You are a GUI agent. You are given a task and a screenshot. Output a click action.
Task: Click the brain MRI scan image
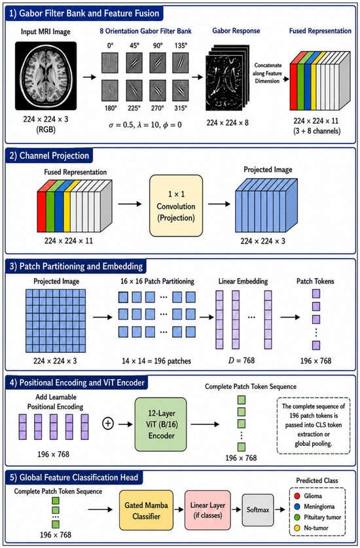tap(46, 76)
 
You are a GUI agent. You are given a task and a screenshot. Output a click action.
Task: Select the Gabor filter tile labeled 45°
tap(134, 63)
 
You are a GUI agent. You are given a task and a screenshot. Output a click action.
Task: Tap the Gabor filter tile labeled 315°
tap(181, 90)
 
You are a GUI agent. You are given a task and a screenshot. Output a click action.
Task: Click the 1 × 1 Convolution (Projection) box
tap(176, 206)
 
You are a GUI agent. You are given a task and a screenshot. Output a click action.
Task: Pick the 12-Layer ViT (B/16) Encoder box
tap(161, 424)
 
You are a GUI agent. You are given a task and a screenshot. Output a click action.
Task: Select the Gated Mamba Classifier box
tap(146, 510)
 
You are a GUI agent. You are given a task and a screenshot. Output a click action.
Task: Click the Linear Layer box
tap(207, 510)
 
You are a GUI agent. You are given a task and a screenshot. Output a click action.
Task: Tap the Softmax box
tap(258, 510)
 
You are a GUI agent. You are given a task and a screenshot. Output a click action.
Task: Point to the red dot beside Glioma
tap(297, 496)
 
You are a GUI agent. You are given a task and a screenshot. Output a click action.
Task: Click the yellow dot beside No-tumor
tap(297, 528)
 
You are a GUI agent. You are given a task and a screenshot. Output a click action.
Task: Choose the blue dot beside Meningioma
tap(297, 506)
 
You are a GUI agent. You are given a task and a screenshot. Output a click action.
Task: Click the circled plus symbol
tap(108, 424)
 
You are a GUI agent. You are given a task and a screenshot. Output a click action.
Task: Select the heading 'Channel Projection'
tap(54, 156)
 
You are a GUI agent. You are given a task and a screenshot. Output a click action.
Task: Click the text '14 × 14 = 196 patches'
tap(156, 361)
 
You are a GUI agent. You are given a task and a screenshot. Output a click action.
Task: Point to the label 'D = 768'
tap(242, 360)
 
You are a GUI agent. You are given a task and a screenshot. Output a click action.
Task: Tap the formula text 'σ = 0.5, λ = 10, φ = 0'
tap(145, 125)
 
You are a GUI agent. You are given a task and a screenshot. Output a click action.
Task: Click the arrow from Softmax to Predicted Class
tap(280, 509)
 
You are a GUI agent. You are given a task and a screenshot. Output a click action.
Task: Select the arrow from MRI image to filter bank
tap(90, 77)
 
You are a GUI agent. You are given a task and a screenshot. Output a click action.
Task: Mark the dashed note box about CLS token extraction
tap(314, 426)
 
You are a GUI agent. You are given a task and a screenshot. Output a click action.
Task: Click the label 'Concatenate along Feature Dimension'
tap(267, 73)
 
